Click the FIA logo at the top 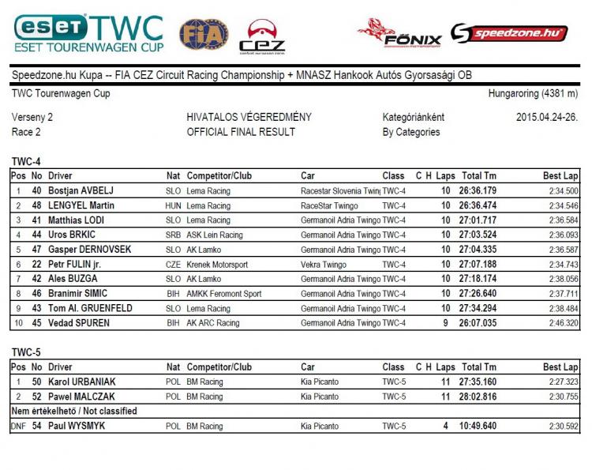pyautogui.click(x=204, y=34)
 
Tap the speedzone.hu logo pyautogui.click(x=509, y=33)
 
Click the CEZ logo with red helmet pyautogui.click(x=262, y=36)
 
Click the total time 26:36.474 pyautogui.click(x=479, y=205)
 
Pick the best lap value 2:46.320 pyautogui.click(x=561, y=323)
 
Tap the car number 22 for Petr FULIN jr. pyautogui.click(x=36, y=265)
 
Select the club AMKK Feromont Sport pyautogui.click(x=223, y=294)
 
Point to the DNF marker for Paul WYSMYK pyautogui.click(x=18, y=427)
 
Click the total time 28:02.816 pyautogui.click(x=479, y=397)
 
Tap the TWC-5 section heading pyautogui.click(x=26, y=353)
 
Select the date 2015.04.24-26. pyautogui.click(x=547, y=118)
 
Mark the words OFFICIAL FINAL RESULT pyautogui.click(x=241, y=132)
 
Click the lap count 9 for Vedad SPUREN pyautogui.click(x=447, y=323)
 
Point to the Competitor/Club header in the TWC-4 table pyautogui.click(x=219, y=175)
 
